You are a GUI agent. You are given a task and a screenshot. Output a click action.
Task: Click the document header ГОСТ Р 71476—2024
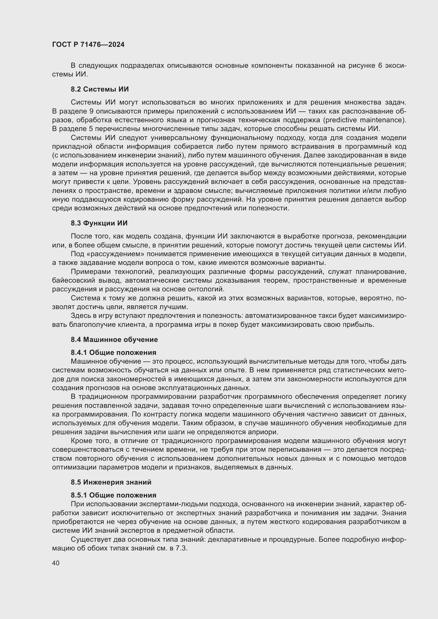click(x=88, y=44)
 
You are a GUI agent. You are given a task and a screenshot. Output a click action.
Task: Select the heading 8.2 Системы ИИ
click(x=100, y=89)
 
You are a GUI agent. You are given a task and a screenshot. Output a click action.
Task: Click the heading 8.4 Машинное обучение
click(x=114, y=340)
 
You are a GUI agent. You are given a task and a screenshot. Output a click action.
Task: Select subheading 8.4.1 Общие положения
click(x=113, y=352)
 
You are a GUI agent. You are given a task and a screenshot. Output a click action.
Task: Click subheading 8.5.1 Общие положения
click(x=113, y=495)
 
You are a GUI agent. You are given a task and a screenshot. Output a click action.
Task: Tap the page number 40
click(x=56, y=563)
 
